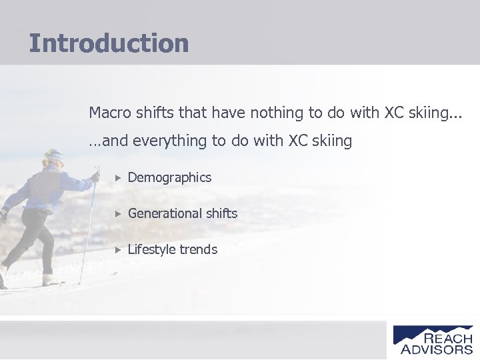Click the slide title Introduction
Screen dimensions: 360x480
click(109, 43)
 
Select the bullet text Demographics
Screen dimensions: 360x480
click(169, 177)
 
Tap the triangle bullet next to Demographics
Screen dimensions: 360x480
click(117, 178)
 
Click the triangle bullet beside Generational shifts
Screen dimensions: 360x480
click(117, 214)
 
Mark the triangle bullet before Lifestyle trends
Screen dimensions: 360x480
click(117, 250)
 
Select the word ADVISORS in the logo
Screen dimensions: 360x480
click(437, 349)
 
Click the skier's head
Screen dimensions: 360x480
click(53, 159)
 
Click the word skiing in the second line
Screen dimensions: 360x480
click(330, 141)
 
